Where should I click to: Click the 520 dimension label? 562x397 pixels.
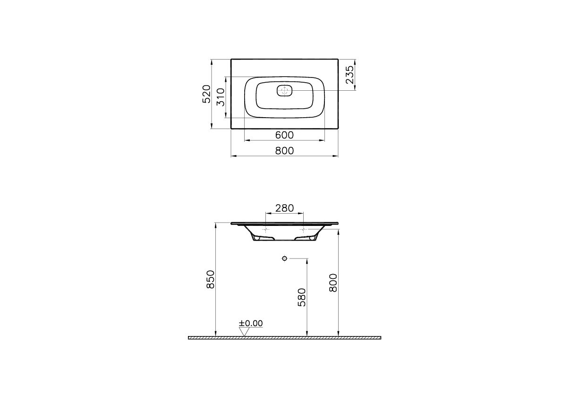coord(206,94)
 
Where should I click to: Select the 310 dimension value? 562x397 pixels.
coord(220,97)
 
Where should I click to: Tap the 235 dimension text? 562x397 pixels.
coord(349,74)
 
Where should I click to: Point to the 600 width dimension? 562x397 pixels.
coord(284,135)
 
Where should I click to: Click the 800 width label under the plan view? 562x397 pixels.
coord(284,150)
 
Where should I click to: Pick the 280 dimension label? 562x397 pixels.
coord(285,208)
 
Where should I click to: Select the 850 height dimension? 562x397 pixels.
coord(211,279)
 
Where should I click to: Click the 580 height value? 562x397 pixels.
coord(302,297)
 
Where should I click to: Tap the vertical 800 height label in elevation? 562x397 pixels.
coord(333,282)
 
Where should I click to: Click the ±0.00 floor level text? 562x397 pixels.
coord(251,323)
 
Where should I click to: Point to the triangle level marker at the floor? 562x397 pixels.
coord(244,332)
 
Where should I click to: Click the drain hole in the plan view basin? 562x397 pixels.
coord(284,91)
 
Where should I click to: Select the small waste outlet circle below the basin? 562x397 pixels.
coord(284,258)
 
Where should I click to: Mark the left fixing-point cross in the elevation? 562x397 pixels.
coord(265,229)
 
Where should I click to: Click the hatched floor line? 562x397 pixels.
coord(284,338)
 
